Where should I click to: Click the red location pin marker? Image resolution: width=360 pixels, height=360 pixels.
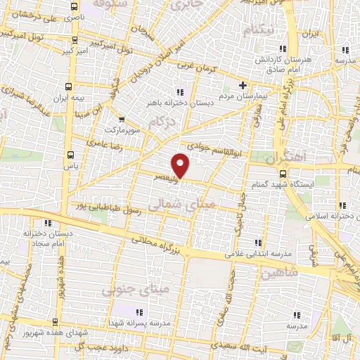pos(181,165)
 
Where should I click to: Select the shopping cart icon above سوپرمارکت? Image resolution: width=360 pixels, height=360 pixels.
pos(123,120)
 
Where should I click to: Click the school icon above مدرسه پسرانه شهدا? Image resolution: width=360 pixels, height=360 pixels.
pos(136,310)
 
